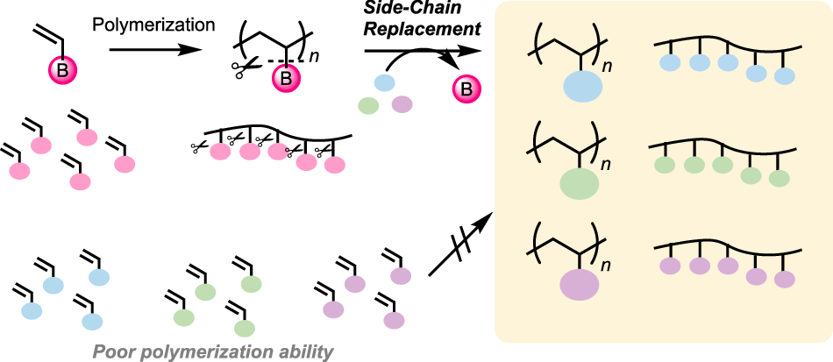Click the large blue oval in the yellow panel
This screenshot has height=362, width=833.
pyautogui.click(x=576, y=90)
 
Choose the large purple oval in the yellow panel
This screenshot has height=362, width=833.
pyautogui.click(x=576, y=286)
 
